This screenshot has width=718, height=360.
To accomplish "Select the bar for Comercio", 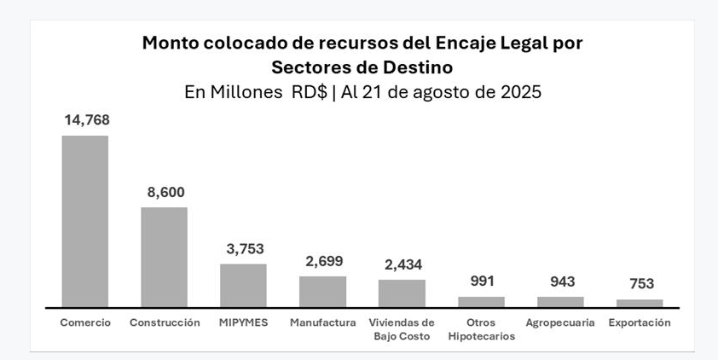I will click(85, 221).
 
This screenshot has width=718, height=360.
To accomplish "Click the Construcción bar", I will click(164, 257).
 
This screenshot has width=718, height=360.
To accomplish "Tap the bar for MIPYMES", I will click(243, 285).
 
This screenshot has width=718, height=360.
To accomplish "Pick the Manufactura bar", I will click(322, 291).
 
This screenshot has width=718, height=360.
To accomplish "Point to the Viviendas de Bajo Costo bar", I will click(402, 293).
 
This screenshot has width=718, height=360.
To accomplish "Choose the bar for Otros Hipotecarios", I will click(481, 301).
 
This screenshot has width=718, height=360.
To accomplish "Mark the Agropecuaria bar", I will click(560, 301).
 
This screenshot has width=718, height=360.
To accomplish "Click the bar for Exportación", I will click(640, 303).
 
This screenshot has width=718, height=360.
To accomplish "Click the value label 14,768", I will click(86, 120).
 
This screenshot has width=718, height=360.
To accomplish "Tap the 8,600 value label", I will click(165, 192).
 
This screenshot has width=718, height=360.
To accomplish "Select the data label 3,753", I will click(245, 249).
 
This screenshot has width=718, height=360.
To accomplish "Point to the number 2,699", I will click(324, 261).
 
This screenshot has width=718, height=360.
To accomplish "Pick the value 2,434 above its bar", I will click(403, 264).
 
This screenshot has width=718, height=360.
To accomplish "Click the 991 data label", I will click(482, 281).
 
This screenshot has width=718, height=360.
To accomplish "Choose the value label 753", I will click(640, 284).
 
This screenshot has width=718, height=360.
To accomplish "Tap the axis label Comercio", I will click(85, 322).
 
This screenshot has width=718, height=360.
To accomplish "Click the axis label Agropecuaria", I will click(560, 322).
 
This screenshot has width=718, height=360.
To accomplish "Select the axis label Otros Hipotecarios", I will click(481, 329).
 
